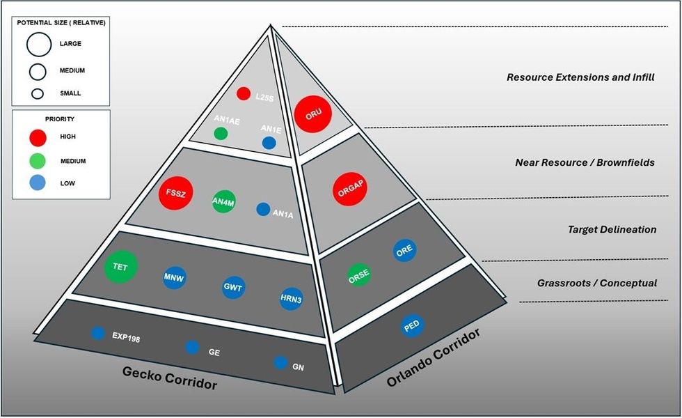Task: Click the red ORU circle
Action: tap(312, 114)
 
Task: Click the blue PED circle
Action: tap(412, 325)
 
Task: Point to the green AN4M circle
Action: tap(223, 201)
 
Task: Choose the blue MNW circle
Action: tap(173, 277)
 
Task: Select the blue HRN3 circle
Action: tap(290, 298)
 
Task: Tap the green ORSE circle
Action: tap(359, 274)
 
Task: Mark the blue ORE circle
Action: tap(404, 251)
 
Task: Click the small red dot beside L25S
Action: tap(244, 93)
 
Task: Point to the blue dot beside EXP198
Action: tap(97, 333)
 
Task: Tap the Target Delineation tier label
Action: tap(612, 229)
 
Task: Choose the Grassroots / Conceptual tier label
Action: tap(597, 283)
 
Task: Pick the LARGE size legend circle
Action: tap(38, 44)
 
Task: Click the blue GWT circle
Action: tap(232, 286)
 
